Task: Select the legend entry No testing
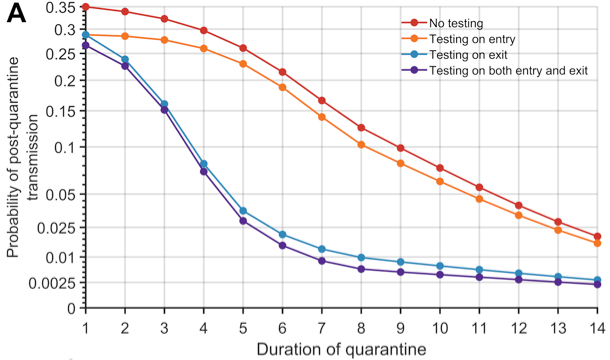(x=456, y=23)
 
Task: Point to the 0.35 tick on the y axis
(x=62, y=8)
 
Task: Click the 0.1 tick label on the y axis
(x=67, y=148)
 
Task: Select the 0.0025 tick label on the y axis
(x=54, y=283)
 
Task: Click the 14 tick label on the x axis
(x=597, y=327)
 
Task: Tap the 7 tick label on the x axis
(x=322, y=327)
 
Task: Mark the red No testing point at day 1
(x=86, y=7)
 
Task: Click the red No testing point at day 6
(x=283, y=72)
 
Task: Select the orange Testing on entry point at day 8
(x=361, y=145)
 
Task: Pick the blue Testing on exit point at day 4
(x=204, y=164)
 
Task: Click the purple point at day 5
(x=243, y=220)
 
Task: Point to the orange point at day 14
(x=597, y=243)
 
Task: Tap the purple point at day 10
(x=440, y=274)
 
